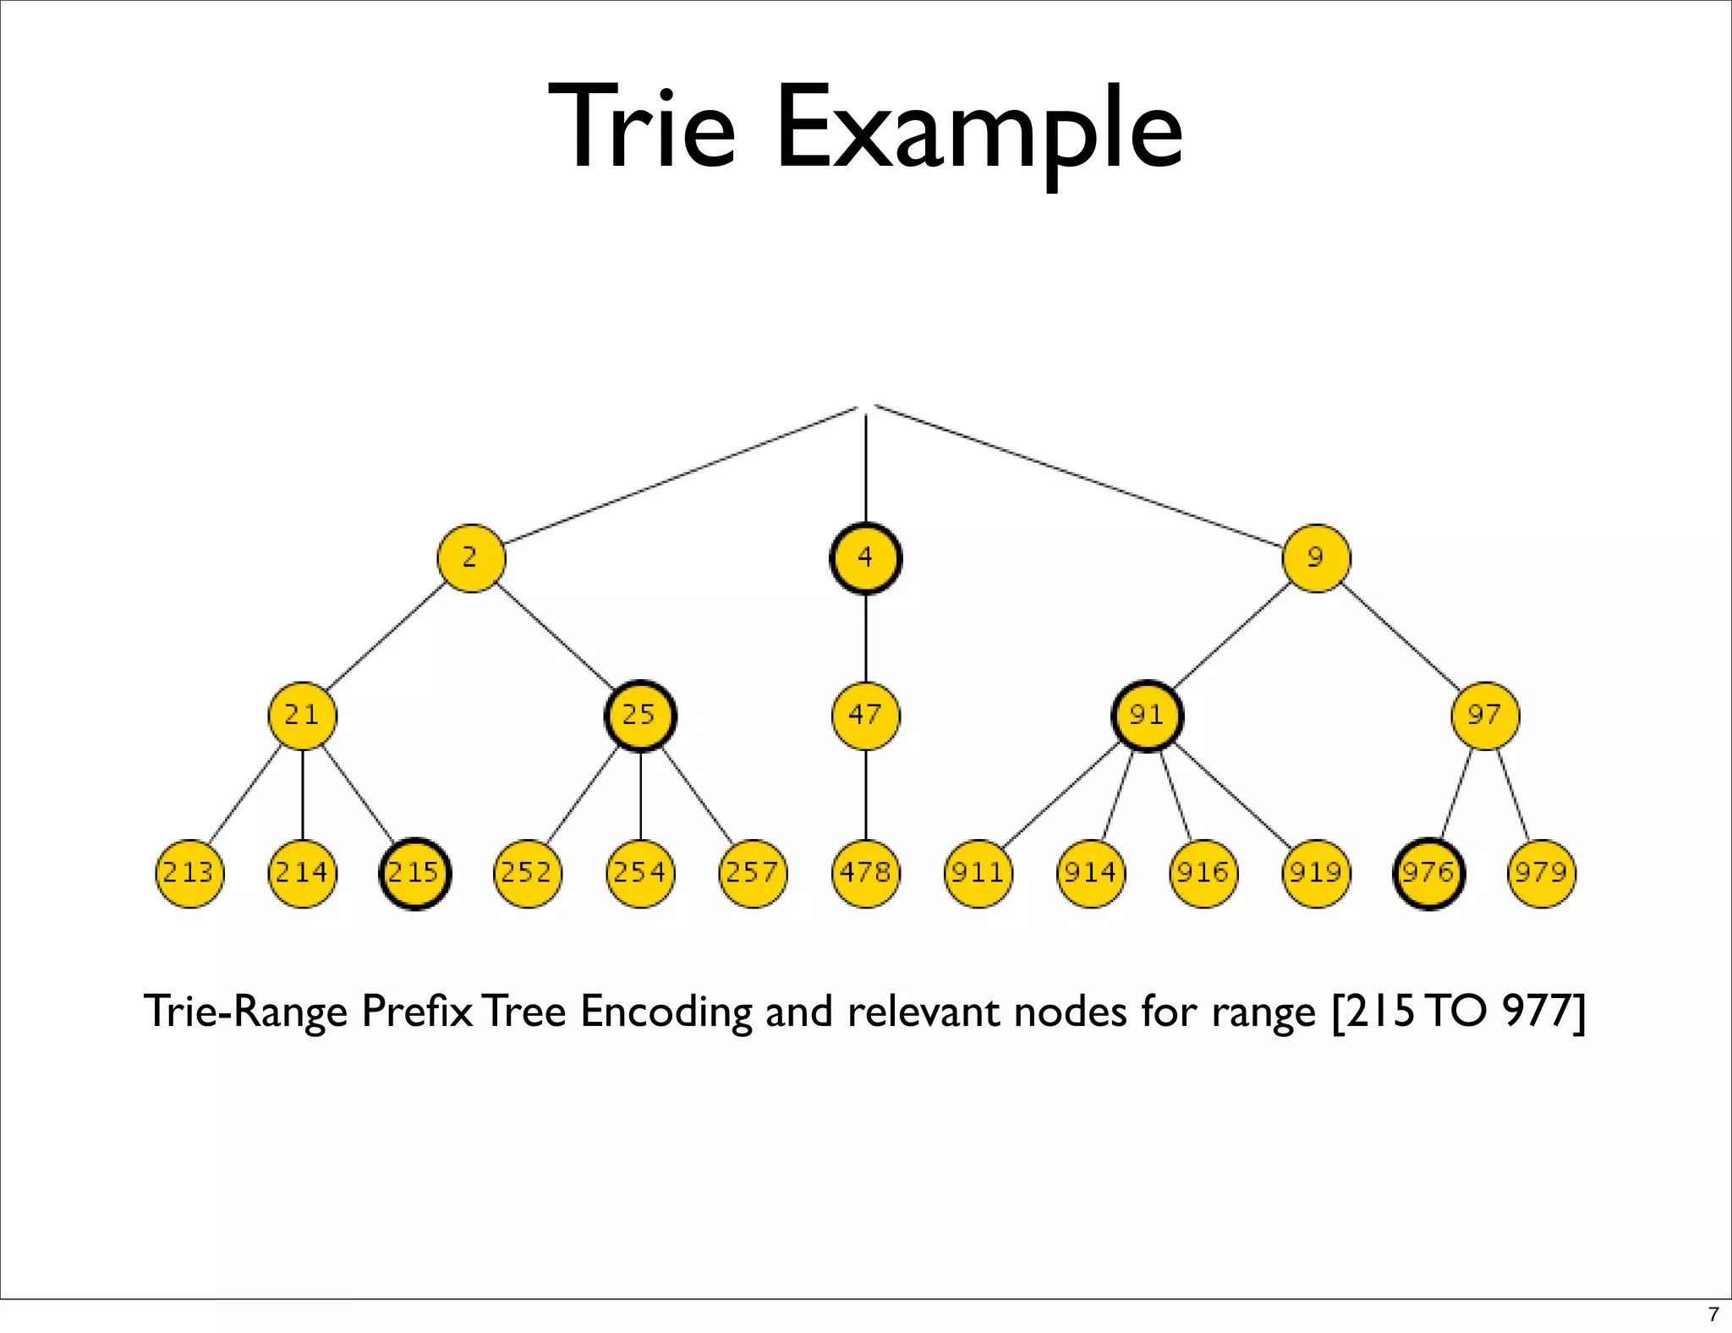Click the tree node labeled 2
click(x=471, y=558)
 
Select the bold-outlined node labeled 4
click(x=865, y=558)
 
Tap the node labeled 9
click(x=1316, y=558)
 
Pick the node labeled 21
click(x=302, y=716)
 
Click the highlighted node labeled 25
click(x=640, y=716)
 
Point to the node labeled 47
click(x=865, y=716)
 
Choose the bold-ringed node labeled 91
click(x=1148, y=716)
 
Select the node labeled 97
click(x=1485, y=716)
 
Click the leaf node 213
click(x=189, y=873)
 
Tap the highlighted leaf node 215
click(x=414, y=873)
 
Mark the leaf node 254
click(x=640, y=873)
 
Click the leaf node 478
click(x=865, y=873)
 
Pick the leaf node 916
click(x=1203, y=873)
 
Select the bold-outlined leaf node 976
click(x=1428, y=873)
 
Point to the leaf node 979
click(x=1542, y=873)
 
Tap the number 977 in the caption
click(x=1536, y=1011)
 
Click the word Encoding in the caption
click(x=665, y=1012)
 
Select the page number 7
click(x=1713, y=1314)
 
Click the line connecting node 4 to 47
click(x=865, y=638)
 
